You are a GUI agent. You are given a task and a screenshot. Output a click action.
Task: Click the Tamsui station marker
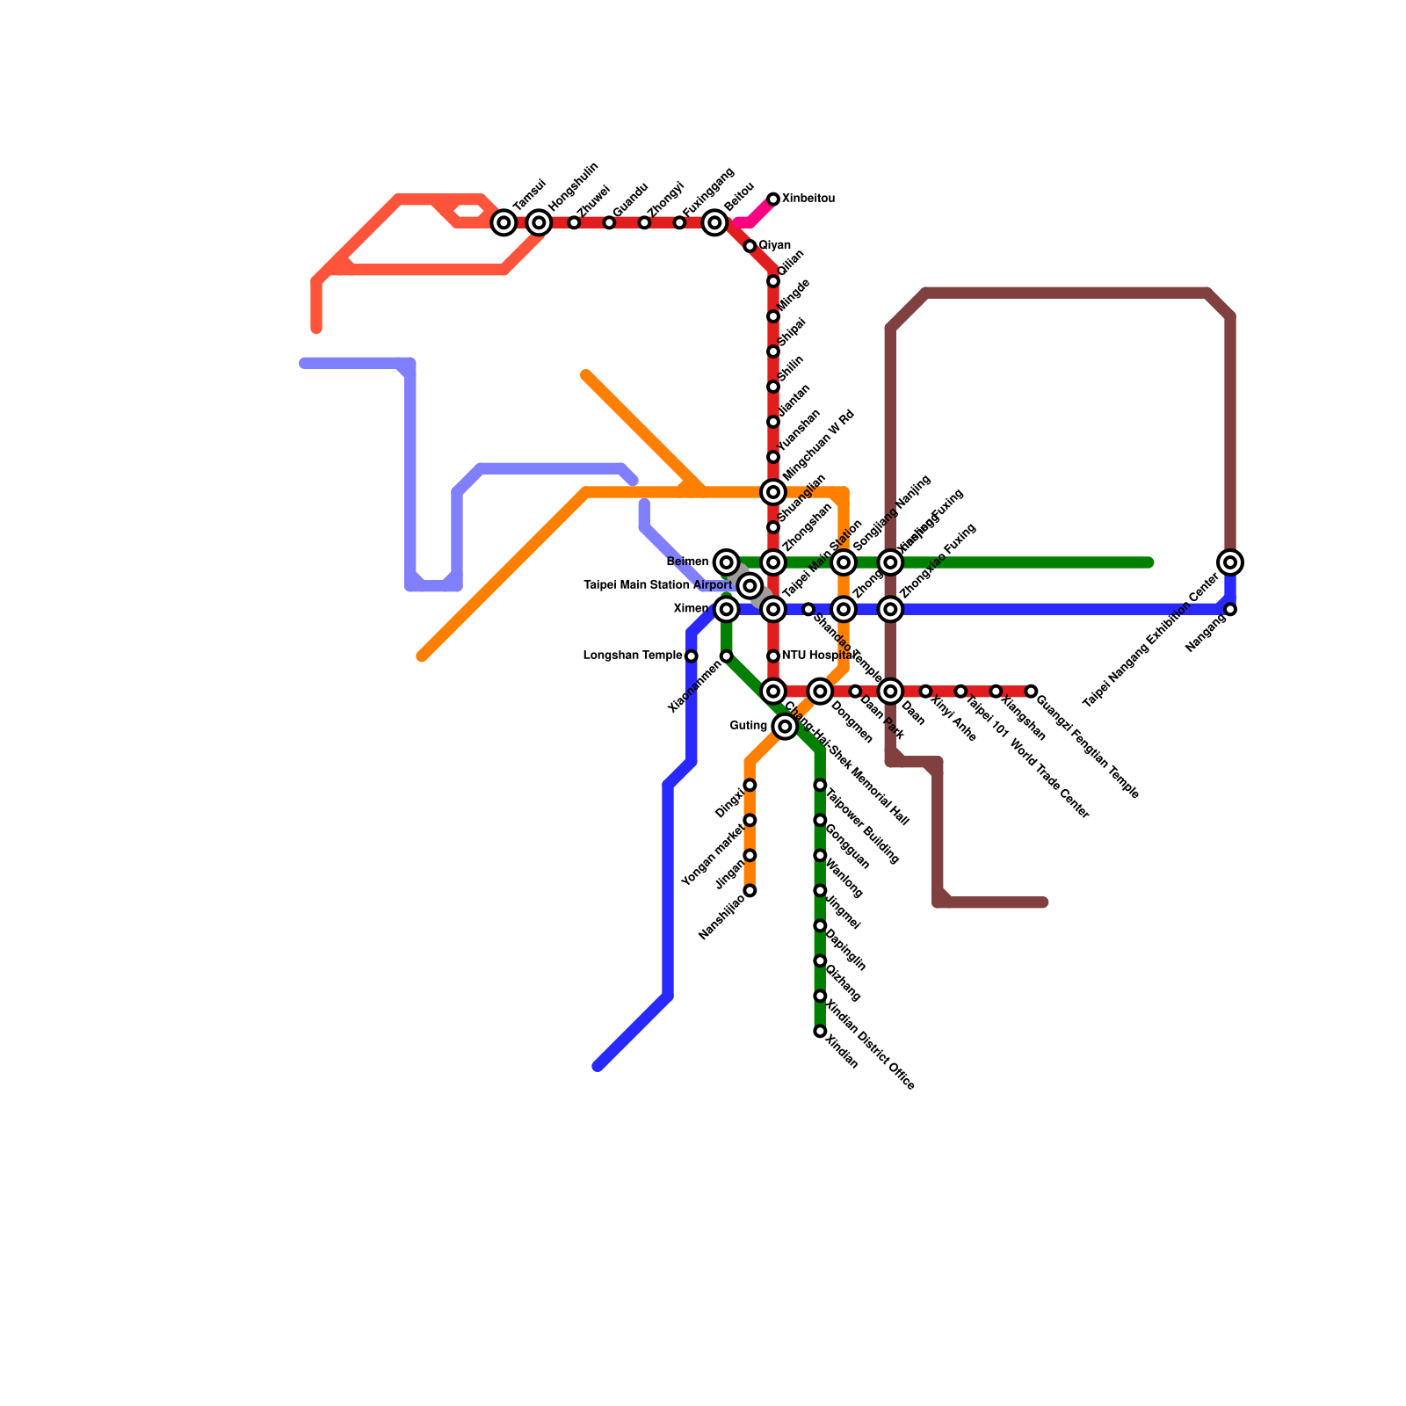click(504, 222)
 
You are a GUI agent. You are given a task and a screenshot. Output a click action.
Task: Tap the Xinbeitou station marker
click(773, 199)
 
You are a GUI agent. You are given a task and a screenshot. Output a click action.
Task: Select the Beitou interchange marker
click(714, 222)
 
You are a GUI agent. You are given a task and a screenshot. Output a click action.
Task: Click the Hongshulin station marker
click(539, 222)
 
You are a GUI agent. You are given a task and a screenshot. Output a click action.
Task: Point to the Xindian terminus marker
click(820, 1031)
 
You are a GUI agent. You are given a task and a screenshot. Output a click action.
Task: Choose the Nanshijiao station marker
click(750, 890)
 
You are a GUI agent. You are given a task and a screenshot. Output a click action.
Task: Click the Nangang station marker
click(1230, 609)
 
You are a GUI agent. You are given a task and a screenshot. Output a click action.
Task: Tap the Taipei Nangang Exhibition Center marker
click(1230, 562)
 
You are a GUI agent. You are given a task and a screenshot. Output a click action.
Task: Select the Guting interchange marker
click(785, 727)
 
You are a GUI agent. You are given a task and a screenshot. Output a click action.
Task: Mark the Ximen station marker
click(726, 609)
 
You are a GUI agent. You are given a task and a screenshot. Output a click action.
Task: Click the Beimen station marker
click(726, 562)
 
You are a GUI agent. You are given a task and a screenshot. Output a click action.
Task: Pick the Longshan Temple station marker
click(692, 656)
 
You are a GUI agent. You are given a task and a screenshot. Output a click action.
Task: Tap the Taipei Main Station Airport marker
click(750, 585)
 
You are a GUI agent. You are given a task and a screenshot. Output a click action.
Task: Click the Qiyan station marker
click(750, 246)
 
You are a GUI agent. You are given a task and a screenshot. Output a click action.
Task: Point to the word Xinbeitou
click(808, 199)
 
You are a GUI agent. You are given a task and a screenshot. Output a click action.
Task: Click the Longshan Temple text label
click(633, 656)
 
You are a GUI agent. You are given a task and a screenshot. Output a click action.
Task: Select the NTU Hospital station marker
click(773, 656)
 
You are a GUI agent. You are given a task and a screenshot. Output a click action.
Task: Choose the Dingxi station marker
click(750, 785)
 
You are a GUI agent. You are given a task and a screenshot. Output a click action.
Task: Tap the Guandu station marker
click(609, 222)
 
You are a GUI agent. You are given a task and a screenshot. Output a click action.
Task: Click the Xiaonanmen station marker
click(726, 656)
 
